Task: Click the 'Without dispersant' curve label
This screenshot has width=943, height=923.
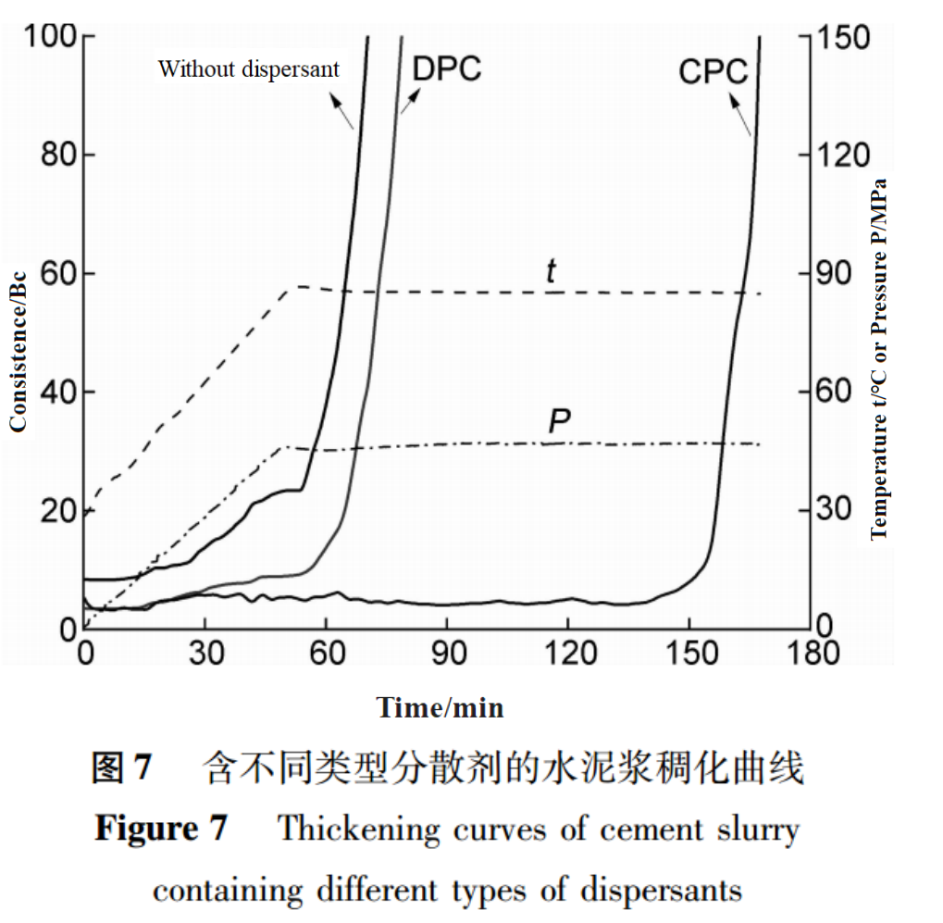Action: tap(248, 69)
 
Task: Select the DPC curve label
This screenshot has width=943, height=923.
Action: tap(447, 69)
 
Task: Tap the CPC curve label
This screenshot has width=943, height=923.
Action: tap(713, 71)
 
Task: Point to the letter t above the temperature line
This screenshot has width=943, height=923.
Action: tap(552, 272)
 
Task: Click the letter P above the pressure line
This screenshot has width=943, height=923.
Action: tap(559, 421)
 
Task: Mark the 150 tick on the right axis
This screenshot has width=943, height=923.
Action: tap(841, 38)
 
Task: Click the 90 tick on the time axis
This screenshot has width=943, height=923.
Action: tap(447, 654)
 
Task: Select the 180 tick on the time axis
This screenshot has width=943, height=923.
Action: tap(811, 654)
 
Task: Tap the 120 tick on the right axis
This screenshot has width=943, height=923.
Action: tap(841, 156)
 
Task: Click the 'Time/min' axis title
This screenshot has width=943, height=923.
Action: tap(440, 708)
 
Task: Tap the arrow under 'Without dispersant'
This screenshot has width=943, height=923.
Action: tap(341, 112)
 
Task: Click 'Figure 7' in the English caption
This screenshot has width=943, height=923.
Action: tap(160, 829)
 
